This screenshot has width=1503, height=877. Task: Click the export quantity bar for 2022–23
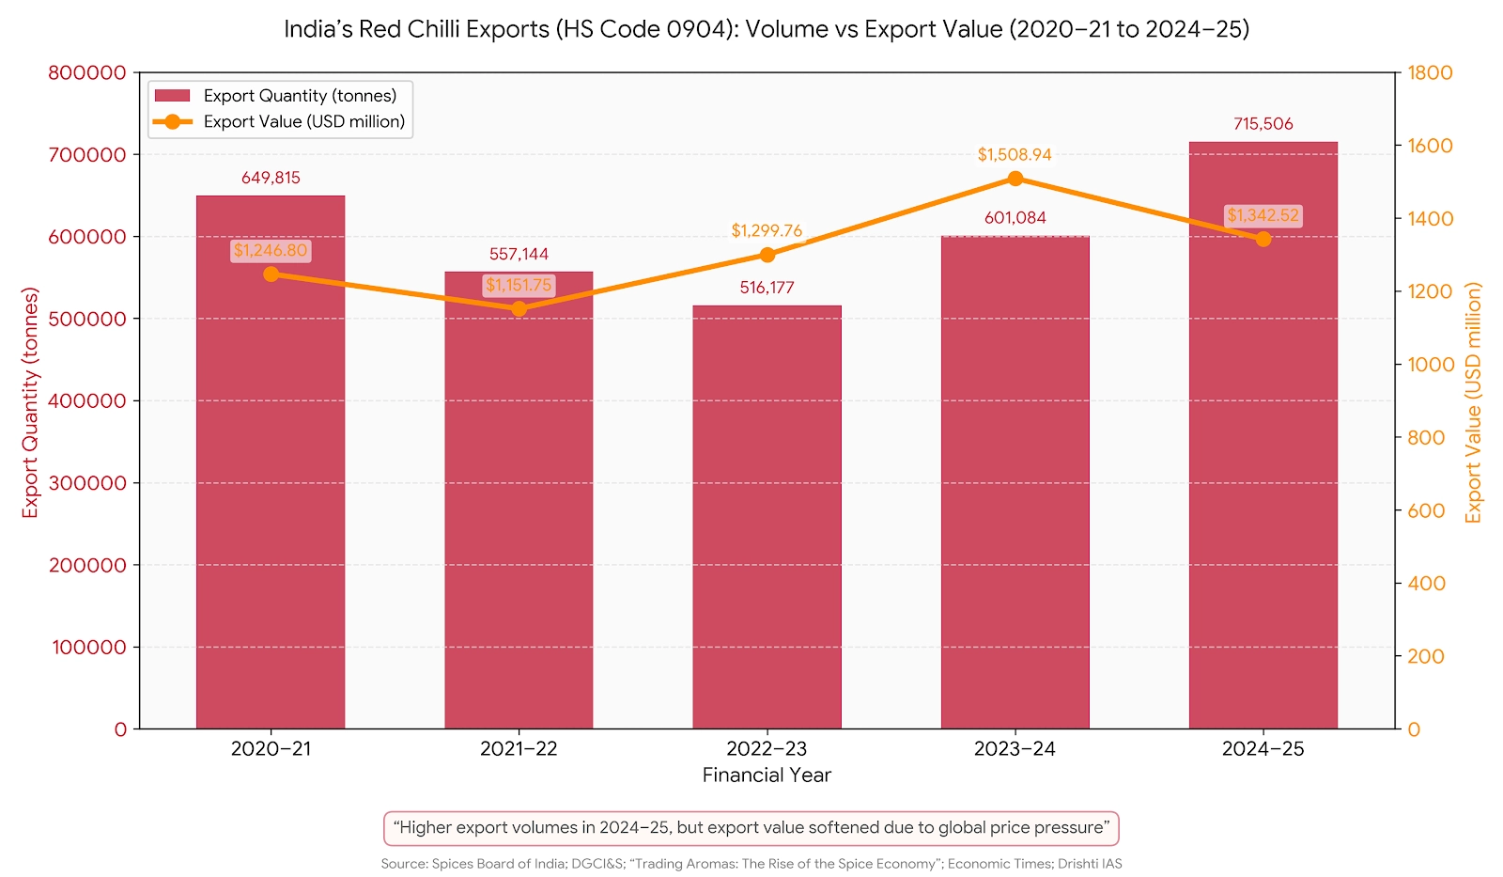pyautogui.click(x=767, y=517)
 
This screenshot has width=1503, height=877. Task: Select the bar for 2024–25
pyautogui.click(x=1263, y=470)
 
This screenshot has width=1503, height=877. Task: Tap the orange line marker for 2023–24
pyautogui.click(x=1015, y=179)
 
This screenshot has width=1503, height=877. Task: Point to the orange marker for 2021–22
pyautogui.click(x=519, y=308)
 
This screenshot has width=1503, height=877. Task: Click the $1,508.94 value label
pyautogui.click(x=1015, y=155)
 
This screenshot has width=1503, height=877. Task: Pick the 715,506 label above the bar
pyautogui.click(x=1263, y=124)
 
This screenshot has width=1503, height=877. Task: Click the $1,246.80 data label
pyautogui.click(x=271, y=251)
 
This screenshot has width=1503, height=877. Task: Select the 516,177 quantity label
pyautogui.click(x=767, y=288)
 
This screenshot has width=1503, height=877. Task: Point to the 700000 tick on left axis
pyautogui.click(x=86, y=155)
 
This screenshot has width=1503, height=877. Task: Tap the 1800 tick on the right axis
pyautogui.click(x=1429, y=73)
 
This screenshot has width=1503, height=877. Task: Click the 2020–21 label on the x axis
pyautogui.click(x=271, y=749)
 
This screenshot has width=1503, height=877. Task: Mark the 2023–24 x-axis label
pyautogui.click(x=1015, y=749)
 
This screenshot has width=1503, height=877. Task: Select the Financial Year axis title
pyautogui.click(x=767, y=775)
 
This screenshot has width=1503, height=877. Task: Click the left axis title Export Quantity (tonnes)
pyautogui.click(x=31, y=402)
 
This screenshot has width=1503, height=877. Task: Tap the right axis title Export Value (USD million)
pyautogui.click(x=1473, y=402)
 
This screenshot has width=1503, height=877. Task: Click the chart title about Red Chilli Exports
pyautogui.click(x=767, y=29)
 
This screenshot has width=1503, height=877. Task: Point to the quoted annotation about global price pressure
pyautogui.click(x=751, y=828)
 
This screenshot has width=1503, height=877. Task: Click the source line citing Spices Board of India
pyautogui.click(x=751, y=864)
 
